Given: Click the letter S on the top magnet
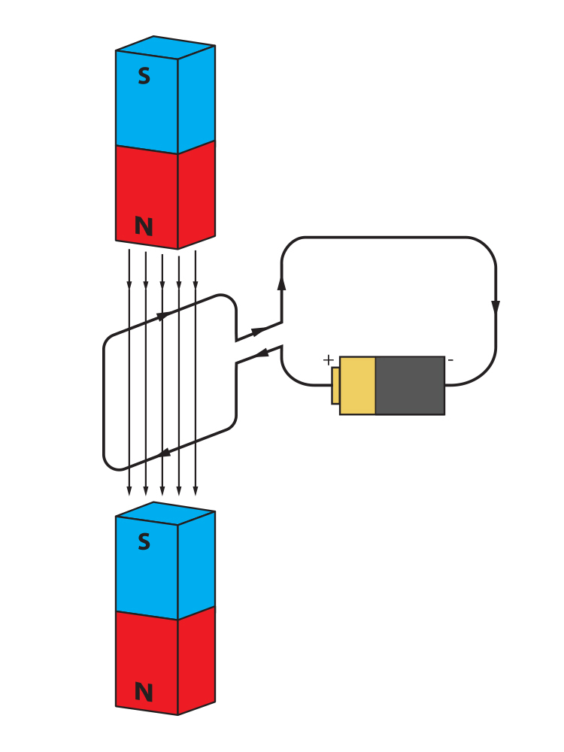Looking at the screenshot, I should [144, 77].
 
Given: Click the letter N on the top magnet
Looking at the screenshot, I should [143, 226].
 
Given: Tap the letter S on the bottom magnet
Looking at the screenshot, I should [144, 543].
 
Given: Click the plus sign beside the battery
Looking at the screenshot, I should [328, 360].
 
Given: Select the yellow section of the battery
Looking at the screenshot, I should [357, 385].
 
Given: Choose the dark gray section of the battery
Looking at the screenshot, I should [410, 385].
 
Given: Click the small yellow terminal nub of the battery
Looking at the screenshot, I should [335, 386].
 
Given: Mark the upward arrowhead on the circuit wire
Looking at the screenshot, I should [282, 283].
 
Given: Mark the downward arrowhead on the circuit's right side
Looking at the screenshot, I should [496, 308].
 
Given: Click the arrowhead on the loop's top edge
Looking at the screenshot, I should [162, 317].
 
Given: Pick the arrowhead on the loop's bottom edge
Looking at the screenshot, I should [165, 453].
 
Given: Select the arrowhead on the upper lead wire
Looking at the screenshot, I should [258, 332].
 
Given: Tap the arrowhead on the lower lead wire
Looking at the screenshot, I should [262, 353].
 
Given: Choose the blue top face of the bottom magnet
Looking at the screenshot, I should [165, 513].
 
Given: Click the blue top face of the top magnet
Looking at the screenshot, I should [165, 47].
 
